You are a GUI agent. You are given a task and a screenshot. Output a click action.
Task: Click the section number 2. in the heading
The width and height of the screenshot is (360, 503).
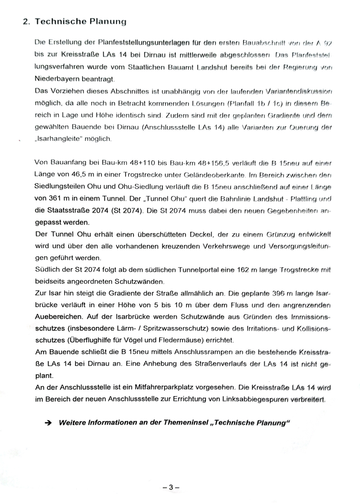[x=26, y=22]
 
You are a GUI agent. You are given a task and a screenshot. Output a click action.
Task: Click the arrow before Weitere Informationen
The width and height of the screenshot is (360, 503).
[x=48, y=423]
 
